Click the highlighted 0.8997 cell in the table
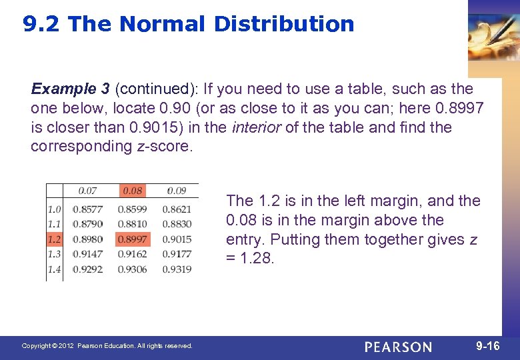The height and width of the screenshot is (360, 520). point(132,239)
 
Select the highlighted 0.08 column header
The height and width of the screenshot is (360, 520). point(132,191)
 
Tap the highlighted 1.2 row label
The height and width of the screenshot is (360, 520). point(54,239)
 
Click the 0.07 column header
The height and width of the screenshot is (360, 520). point(87,191)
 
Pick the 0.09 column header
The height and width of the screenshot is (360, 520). point(177,191)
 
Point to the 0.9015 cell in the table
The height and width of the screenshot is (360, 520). point(177,239)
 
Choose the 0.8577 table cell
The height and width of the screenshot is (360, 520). point(87,209)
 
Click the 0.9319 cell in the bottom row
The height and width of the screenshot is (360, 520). point(177,269)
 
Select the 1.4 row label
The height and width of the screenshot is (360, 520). point(54,269)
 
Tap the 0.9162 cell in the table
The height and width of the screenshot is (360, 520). point(132,254)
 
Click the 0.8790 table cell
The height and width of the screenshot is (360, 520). point(87,224)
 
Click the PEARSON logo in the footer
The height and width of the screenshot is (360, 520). point(398,347)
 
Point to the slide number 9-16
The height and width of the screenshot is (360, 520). point(488,347)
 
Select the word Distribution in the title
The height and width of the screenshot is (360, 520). point(284,25)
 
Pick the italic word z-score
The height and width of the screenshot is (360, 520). point(163,147)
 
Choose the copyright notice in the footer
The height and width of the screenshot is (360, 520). point(107,346)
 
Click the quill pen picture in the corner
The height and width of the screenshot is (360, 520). point(493,33)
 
